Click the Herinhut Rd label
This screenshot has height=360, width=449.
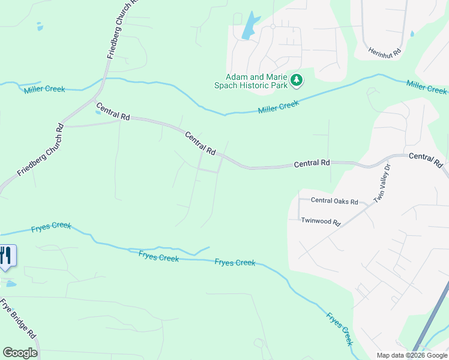pyautogui.click(x=385, y=53)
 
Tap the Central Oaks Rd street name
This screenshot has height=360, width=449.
pyautogui.click(x=334, y=202)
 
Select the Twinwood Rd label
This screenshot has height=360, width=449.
pyautogui.click(x=321, y=221)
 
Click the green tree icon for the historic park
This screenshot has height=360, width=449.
pyautogui.click(x=296, y=80)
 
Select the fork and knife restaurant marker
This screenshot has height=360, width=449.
pyautogui.click(x=5, y=256)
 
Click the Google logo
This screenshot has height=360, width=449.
pyautogui.click(x=20, y=353)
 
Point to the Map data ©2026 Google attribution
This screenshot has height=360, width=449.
pyautogui.click(x=412, y=355)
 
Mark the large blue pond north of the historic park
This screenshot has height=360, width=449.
pyautogui.click(x=250, y=27)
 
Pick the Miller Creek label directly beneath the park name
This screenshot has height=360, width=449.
pyautogui.click(x=279, y=107)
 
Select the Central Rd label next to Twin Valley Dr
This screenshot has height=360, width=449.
pyautogui.click(x=426, y=160)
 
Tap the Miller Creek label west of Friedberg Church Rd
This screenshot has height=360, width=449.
pyautogui.click(x=44, y=89)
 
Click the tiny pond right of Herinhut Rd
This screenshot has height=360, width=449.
pyautogui.click(x=412, y=34)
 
